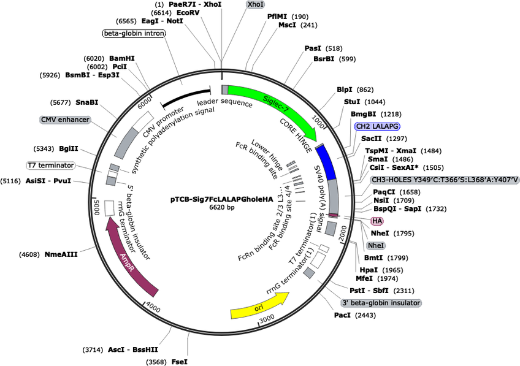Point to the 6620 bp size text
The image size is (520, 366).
tap(221, 208)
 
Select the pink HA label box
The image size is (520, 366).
tap(377, 221)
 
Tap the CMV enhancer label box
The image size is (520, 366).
tap(65, 120)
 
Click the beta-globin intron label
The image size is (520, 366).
tap(134, 33)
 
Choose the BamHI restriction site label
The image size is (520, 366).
tap(122, 59)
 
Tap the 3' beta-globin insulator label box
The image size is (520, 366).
tap(385, 303)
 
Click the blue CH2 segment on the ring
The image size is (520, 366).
tap(326, 161)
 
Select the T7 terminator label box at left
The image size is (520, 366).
tap(50, 166)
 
